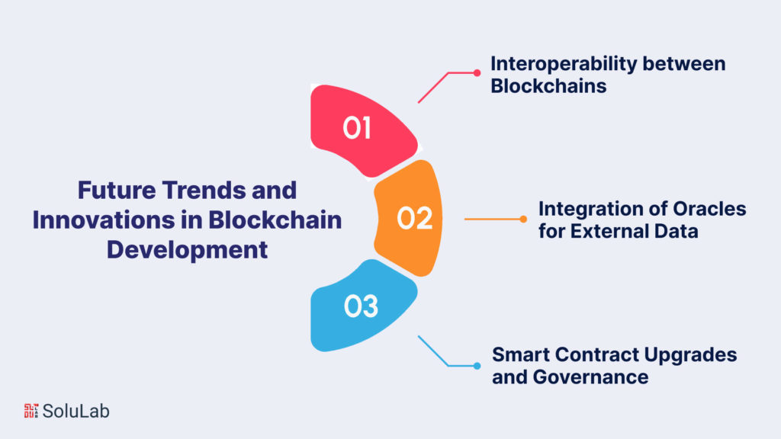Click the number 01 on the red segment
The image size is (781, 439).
pyautogui.click(x=356, y=128)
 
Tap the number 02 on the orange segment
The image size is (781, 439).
pyautogui.click(x=415, y=219)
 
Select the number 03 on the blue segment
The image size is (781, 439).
pyautogui.click(x=361, y=306)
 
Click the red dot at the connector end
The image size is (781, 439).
pyautogui.click(x=477, y=73)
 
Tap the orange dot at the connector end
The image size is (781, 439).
pyautogui.click(x=523, y=219)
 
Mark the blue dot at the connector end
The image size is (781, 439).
pyautogui.click(x=477, y=366)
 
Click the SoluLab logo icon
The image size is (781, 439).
pyautogui.click(x=31, y=411)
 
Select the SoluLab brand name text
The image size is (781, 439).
pyautogui.click(x=76, y=411)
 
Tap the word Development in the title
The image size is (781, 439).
pyautogui.click(x=187, y=249)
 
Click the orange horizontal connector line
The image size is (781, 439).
pyautogui.click(x=493, y=219)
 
